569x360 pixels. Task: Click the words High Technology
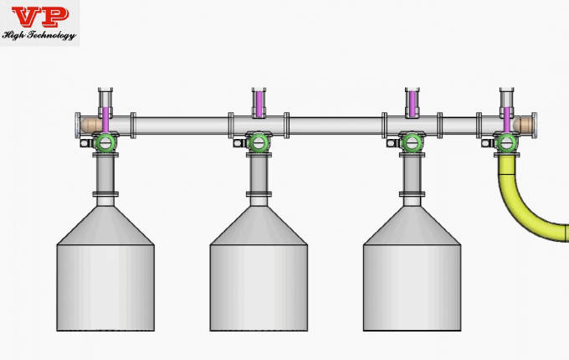pyautogui.click(x=39, y=35)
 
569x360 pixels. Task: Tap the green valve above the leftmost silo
pyautogui.click(x=105, y=142)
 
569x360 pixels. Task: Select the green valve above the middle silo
pyautogui.click(x=259, y=142)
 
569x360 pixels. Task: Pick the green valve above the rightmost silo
pyautogui.click(x=412, y=142)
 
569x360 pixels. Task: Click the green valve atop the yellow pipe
pyautogui.click(x=506, y=142)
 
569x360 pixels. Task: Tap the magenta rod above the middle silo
pyautogui.click(x=259, y=105)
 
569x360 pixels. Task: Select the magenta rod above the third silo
pyautogui.click(x=412, y=105)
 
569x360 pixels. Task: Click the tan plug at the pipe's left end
pyautogui.click(x=89, y=126)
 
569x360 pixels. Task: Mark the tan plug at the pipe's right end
pyautogui.click(x=524, y=126)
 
